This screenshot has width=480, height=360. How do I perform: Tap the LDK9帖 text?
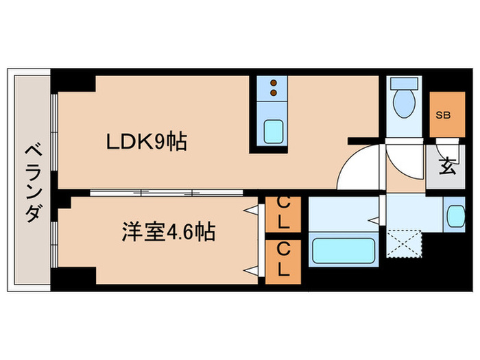[147, 143]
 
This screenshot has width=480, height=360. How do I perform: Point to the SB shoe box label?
[443, 115]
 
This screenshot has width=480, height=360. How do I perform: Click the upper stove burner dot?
[274, 83]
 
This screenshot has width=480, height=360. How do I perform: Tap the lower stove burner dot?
[274, 93]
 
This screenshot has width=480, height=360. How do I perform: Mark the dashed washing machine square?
[403, 244]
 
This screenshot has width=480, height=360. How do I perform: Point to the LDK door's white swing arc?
[351, 169]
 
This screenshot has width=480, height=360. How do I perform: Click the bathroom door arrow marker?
[374, 220]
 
